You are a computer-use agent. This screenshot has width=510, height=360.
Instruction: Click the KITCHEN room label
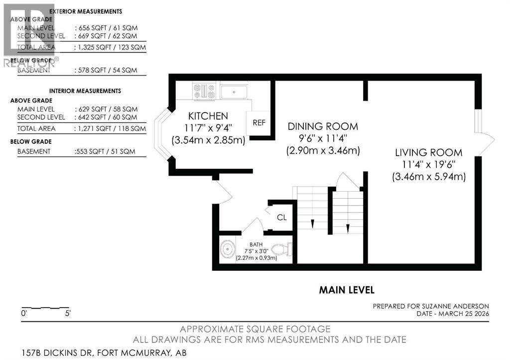click(x=208, y=116)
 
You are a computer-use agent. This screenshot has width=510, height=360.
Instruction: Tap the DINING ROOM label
click(x=323, y=126)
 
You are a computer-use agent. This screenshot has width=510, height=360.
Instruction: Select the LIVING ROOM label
click(x=428, y=152)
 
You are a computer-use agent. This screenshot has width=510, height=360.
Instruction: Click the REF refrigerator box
click(x=259, y=122)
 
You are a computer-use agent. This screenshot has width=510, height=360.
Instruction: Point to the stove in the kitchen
click(x=204, y=91)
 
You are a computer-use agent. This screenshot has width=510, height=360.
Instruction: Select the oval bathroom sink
click(x=228, y=247)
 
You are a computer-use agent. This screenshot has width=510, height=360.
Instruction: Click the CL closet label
click(x=281, y=217)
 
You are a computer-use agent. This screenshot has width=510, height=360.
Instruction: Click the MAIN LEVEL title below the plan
click(x=347, y=290)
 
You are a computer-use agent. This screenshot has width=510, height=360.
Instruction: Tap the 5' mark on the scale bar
click(x=67, y=314)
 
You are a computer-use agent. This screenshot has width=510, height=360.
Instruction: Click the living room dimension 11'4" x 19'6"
click(x=428, y=164)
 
